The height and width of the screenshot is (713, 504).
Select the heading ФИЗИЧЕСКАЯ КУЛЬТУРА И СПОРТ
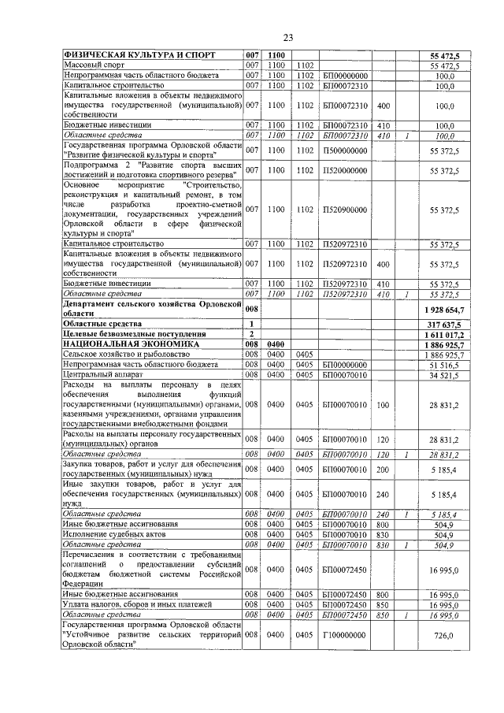134,55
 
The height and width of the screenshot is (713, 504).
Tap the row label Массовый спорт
91,65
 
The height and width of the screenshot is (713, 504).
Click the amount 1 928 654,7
446,311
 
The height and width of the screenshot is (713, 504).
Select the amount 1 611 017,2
446,334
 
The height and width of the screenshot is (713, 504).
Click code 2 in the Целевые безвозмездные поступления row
251,334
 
